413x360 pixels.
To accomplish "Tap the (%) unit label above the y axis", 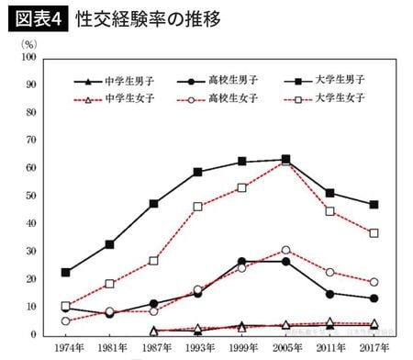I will pos(28,42).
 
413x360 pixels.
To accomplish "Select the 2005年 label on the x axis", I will pos(285,349).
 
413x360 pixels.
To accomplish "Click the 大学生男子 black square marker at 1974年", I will pos(65,272).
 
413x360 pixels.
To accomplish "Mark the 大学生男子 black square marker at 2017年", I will pos(374,205).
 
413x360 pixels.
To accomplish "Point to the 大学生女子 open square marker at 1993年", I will pos(197,207).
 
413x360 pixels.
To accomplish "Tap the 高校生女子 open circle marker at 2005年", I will pos(285,250).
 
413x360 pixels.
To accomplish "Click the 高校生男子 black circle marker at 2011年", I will pos(329,294).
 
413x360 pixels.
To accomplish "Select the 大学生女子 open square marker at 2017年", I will pos(374,233).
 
